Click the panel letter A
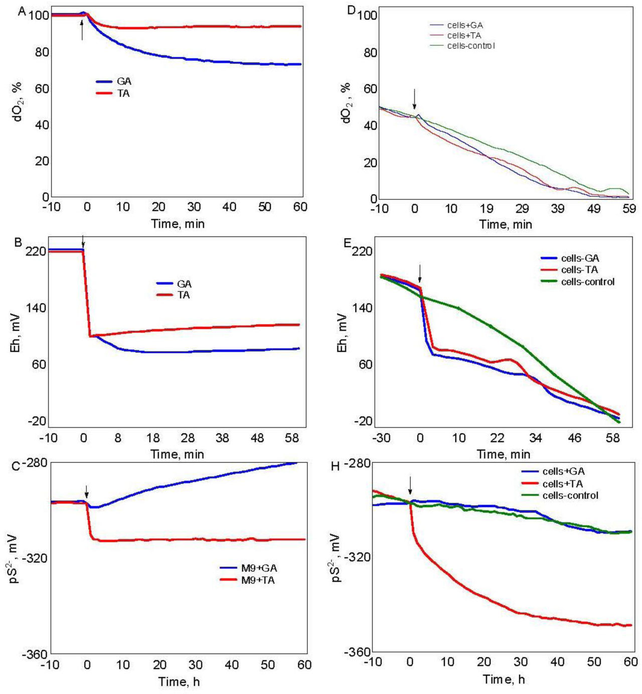[22, 11]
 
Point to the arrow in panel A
[82, 29]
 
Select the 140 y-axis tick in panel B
[36, 307]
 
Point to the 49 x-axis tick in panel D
[593, 209]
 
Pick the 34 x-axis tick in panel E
[535, 438]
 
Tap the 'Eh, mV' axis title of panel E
[343, 332]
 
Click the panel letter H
[336, 466]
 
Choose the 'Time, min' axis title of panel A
[178, 224]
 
